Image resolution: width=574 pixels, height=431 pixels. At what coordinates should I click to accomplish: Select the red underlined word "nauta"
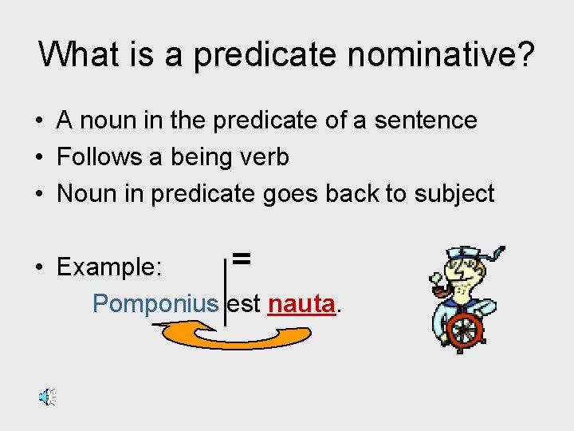coord(301,304)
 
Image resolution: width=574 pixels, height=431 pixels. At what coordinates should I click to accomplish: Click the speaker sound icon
coord(47,397)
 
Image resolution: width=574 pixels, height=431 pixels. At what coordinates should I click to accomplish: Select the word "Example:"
coord(110,267)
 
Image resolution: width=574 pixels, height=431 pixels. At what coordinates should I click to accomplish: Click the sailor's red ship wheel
coord(465,332)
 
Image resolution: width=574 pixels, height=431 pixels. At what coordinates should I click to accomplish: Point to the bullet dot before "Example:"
coord(38,268)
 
